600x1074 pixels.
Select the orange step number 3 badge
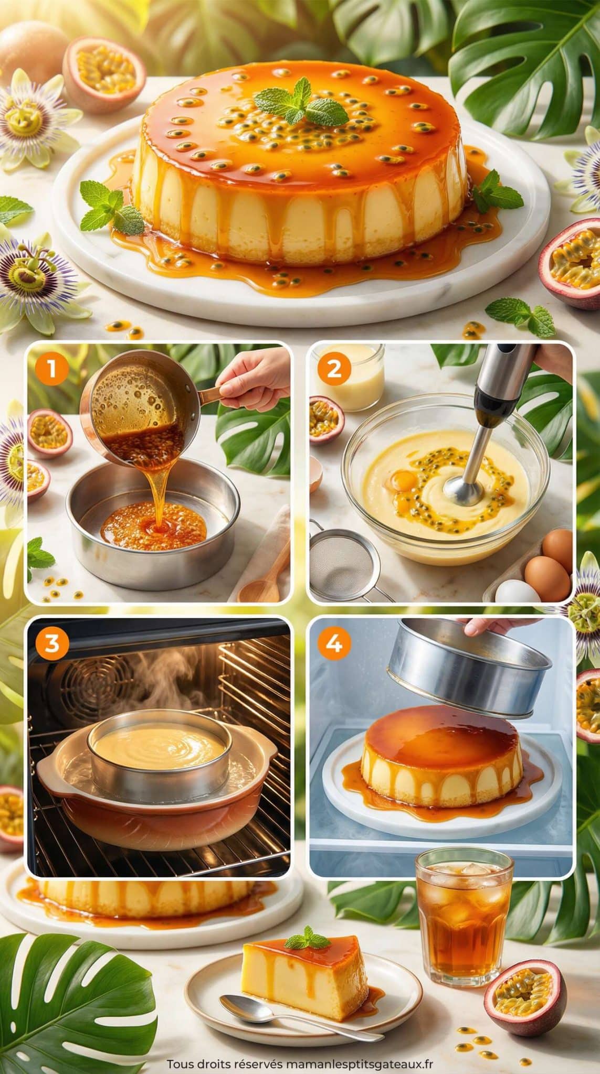[x=52, y=643]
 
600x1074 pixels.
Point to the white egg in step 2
[x=517, y=592]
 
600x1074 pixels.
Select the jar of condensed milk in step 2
[x=349, y=370]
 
